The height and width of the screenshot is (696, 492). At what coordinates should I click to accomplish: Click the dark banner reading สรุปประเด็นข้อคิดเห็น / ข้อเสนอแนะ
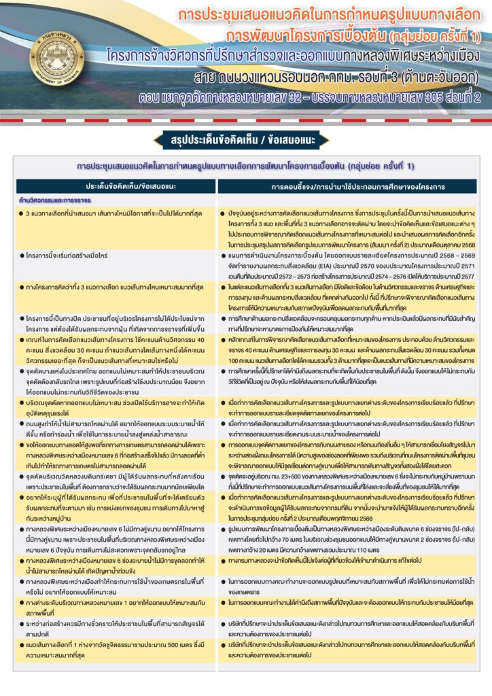click(x=246, y=140)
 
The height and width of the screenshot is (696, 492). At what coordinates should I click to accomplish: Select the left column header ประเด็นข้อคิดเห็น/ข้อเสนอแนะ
click(x=118, y=185)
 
